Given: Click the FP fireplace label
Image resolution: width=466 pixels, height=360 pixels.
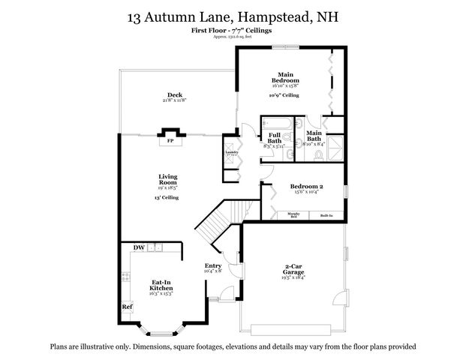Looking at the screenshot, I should (x=170, y=140).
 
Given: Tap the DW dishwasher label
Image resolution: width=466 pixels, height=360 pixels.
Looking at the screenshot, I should (x=139, y=247).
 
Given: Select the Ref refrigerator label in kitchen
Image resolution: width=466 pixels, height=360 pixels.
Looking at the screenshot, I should (x=127, y=306).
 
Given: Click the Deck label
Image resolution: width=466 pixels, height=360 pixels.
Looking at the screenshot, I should (x=175, y=94).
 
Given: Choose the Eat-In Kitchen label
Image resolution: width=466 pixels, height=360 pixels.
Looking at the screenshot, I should (x=162, y=284).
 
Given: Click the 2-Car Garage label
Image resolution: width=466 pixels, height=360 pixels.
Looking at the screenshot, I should (x=293, y=268).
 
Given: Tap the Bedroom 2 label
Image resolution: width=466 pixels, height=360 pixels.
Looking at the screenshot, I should (x=306, y=187).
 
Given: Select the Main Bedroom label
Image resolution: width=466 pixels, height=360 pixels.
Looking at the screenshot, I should (x=285, y=77).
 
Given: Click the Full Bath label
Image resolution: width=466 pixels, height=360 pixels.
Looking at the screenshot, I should (x=275, y=137).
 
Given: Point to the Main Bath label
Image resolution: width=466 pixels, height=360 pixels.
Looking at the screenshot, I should (x=314, y=136).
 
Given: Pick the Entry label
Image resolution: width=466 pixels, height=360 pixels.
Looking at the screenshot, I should (x=212, y=265).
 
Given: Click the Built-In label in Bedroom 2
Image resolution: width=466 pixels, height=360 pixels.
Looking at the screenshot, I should (x=326, y=215).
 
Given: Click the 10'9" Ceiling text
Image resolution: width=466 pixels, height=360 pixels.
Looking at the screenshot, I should (x=284, y=96).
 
